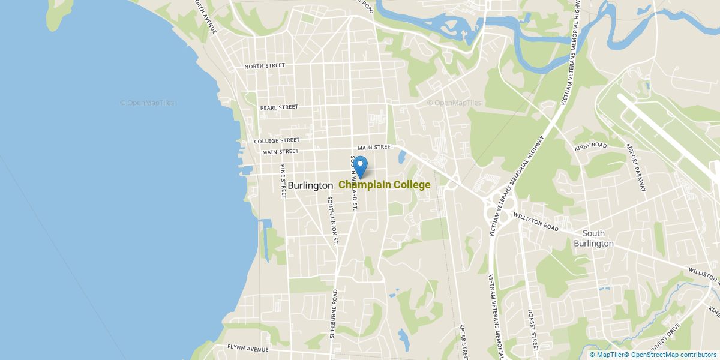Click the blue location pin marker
coord(360,166)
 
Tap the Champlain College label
coord(385,185)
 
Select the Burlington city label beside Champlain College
coord(310,185)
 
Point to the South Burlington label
coord(593,238)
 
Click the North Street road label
coord(264,66)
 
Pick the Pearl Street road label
coord(279,107)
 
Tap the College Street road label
coord(277,141)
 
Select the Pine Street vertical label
coord(283,181)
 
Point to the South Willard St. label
coord(354,182)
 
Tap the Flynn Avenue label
coord(247,348)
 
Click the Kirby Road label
coord(591,145)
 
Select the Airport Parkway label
coord(635,167)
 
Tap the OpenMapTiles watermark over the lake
coord(147,103)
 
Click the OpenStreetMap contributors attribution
coord(674,355)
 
